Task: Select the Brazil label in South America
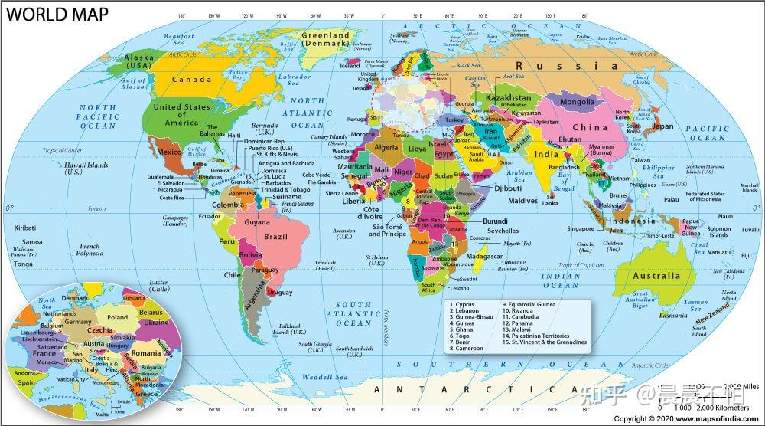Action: [275, 237]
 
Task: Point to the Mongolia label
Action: [578, 102]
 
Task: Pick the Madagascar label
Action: [484, 256]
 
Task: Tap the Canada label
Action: [191, 79]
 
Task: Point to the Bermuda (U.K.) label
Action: [265, 128]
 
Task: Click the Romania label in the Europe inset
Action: [145, 353]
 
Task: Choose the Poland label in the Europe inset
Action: [117, 317]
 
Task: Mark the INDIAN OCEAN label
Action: [560, 280]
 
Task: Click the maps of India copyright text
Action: [686, 419]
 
